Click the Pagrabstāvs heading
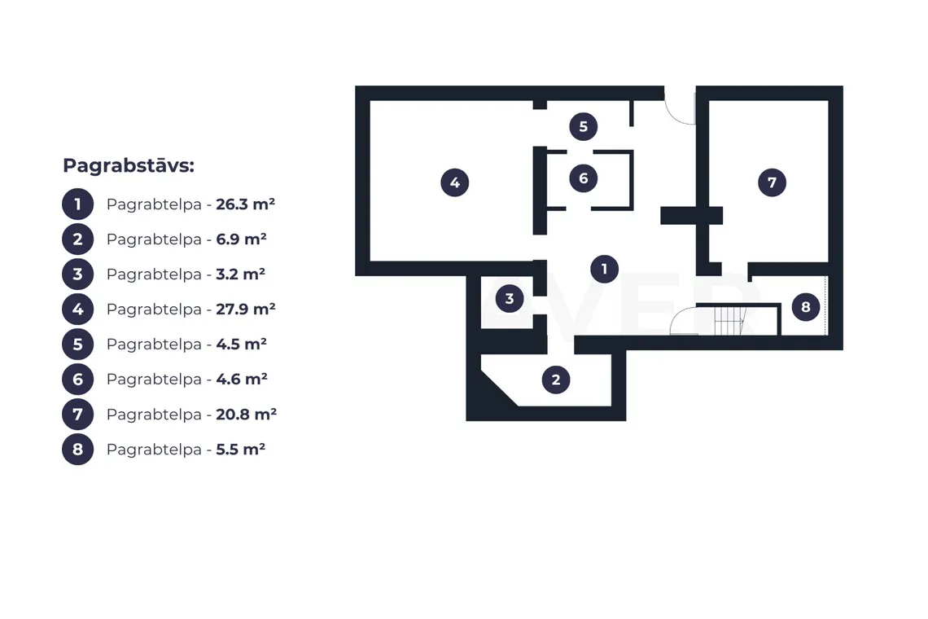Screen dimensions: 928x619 pos(129,165)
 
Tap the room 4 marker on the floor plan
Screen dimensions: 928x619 pos(454,182)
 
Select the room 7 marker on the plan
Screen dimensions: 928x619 pos(772,182)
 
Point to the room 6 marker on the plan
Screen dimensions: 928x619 pos(584,178)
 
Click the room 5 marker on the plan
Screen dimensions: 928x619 pos(584,126)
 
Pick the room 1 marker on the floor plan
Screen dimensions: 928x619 pos(604,269)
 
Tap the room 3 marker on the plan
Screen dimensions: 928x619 pos(510,299)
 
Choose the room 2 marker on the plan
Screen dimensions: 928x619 pos(556,380)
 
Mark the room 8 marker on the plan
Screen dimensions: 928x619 pos(806,307)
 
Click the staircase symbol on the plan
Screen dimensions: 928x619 pos(729,320)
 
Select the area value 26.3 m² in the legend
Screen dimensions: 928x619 pos(245,204)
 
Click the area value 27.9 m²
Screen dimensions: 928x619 pos(246,309)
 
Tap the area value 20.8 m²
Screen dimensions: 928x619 pos(246,414)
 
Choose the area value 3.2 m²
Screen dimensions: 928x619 pos(240,274)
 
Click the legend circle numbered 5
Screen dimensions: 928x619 pos(77,345)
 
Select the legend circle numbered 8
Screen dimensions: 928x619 pos(77,449)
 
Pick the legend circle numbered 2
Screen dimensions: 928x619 pos(77,239)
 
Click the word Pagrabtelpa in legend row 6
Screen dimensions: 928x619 pos(154,379)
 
